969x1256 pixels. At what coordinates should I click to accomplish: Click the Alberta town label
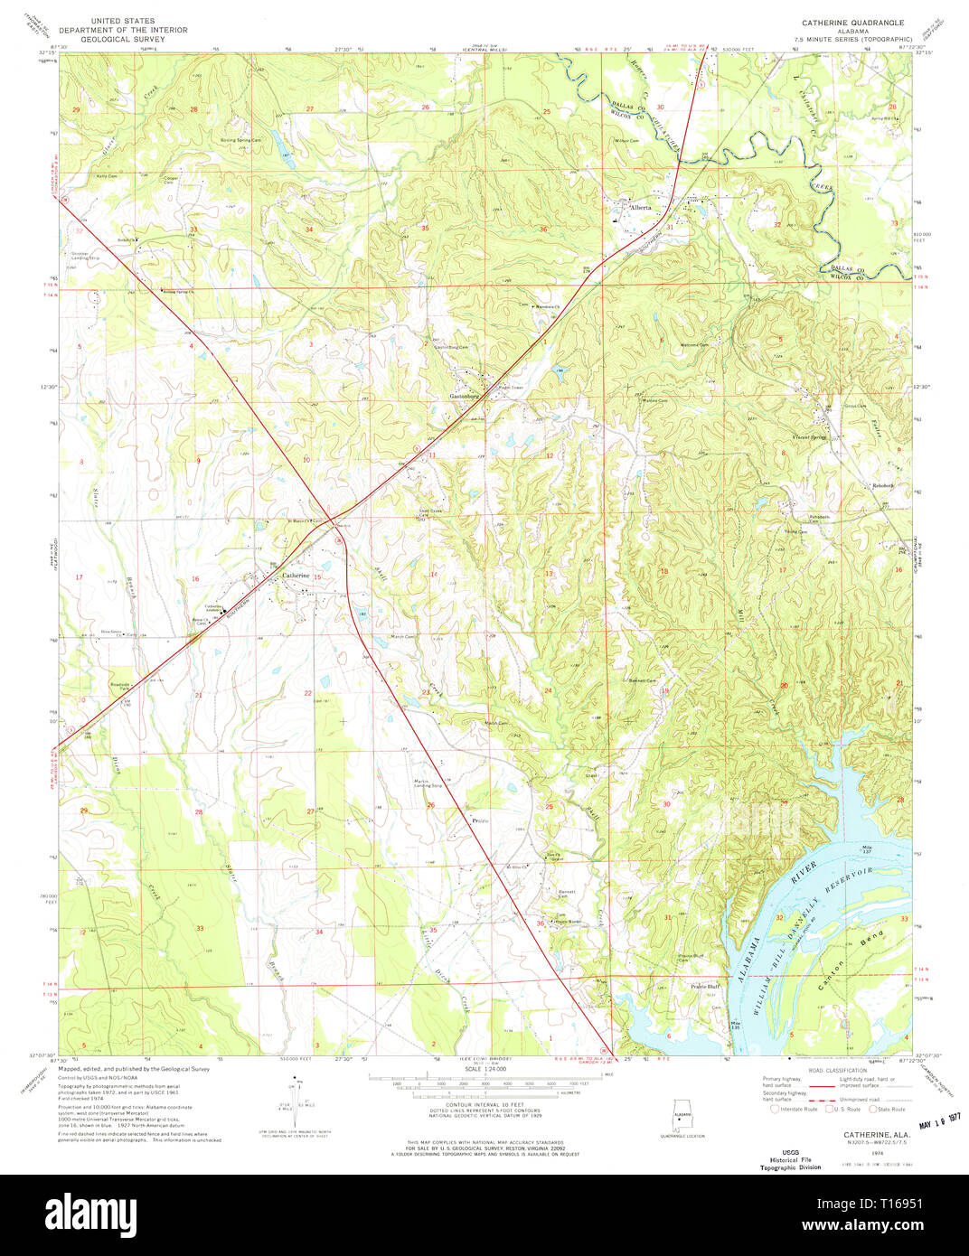pos(641,207)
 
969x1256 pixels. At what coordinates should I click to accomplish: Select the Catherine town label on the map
pos(296,575)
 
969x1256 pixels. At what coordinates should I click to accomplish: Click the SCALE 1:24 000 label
pos(486,1069)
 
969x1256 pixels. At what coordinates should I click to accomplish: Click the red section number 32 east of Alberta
pos(776,223)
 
